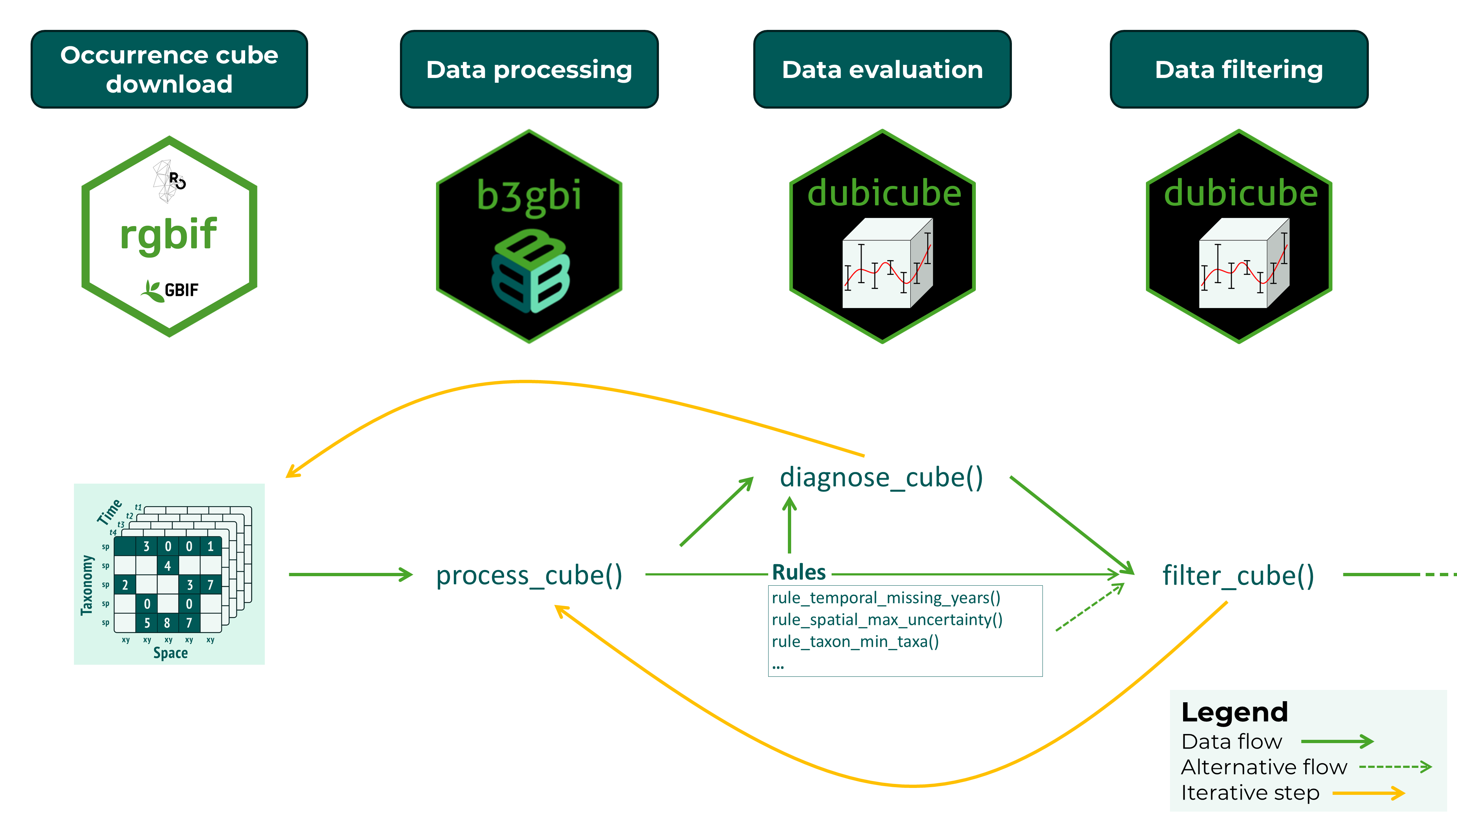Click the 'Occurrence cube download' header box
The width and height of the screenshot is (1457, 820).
[x=169, y=69]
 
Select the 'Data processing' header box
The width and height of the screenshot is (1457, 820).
[x=529, y=69]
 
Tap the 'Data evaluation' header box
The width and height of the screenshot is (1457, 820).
[x=882, y=69]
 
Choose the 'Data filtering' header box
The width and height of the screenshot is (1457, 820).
[x=1239, y=69]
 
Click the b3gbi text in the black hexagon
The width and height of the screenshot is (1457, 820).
[x=529, y=196]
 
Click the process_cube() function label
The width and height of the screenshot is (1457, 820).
[x=529, y=575]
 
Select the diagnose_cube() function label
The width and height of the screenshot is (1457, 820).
[x=881, y=477]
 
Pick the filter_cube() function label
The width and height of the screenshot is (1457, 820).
[x=1238, y=575]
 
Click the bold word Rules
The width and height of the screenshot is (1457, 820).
[x=799, y=572]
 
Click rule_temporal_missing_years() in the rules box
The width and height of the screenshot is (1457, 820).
[x=886, y=598]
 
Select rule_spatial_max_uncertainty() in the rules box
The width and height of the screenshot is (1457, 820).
[x=887, y=620]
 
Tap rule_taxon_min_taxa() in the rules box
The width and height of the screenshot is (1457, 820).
[x=855, y=642]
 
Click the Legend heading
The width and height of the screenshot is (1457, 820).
[x=1234, y=712]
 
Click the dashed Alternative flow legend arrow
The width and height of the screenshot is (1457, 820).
[x=1394, y=768]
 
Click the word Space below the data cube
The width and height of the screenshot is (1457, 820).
[x=170, y=653]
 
